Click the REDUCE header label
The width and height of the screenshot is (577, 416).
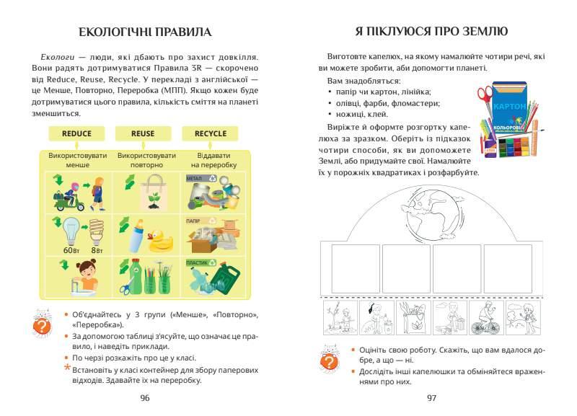(x=76, y=133)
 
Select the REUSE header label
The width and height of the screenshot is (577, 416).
(x=143, y=133)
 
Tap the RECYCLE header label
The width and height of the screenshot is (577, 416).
(x=210, y=133)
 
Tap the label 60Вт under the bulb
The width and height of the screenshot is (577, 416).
(x=71, y=249)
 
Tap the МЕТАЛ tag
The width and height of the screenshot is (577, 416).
(x=195, y=177)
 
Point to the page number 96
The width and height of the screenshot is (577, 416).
(x=144, y=397)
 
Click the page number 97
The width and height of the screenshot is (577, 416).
(x=432, y=397)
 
